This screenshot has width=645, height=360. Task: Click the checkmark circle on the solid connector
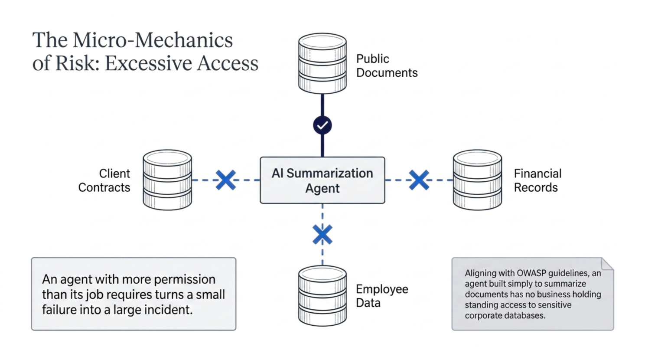pos(322,125)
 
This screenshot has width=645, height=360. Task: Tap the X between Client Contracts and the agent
pos(226,180)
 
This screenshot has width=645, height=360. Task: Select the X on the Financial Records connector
pos(419,180)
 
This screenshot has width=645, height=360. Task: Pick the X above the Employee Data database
pos(322,234)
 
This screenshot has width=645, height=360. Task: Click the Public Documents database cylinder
pos(322,63)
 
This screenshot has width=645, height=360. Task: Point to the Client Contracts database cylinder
pos(167,180)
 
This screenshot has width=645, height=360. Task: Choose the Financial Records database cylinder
pos(477,180)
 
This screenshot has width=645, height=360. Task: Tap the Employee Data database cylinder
pos(322,296)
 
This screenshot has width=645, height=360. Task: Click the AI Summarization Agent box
pos(322,180)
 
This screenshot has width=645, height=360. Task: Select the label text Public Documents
pos(387,66)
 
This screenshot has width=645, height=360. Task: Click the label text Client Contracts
pos(104,180)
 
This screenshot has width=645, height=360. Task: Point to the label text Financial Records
pos(537,180)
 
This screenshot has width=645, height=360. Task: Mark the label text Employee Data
pos(382,296)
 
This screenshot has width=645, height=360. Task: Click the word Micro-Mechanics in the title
pos(153,40)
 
